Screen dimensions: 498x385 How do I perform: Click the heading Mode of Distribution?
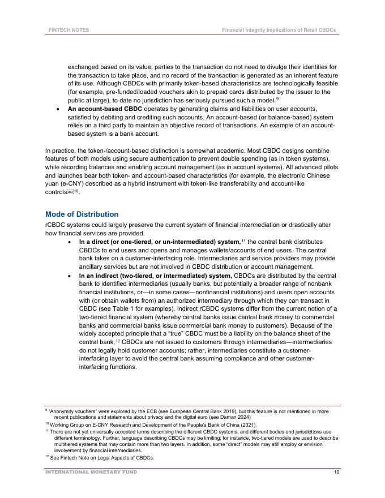(x=82, y=214)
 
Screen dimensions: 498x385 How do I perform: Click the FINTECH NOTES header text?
(x=69, y=29)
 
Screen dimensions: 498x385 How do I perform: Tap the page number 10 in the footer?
(x=337, y=471)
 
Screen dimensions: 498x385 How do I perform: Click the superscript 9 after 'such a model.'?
(x=277, y=99)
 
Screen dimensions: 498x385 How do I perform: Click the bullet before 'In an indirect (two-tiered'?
(x=69, y=276)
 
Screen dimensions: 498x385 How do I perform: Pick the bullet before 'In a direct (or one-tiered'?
(x=69, y=242)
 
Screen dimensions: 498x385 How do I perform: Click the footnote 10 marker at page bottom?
(x=46, y=423)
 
